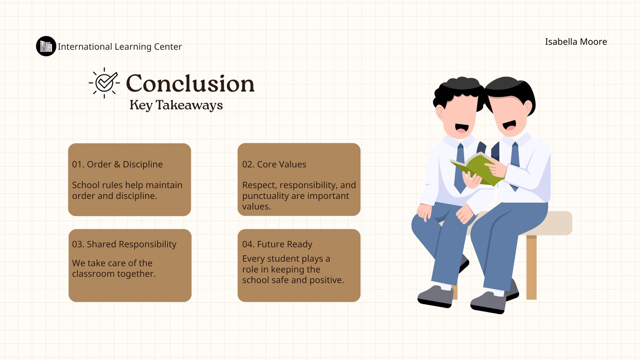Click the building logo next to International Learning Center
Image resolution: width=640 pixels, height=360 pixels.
click(46, 46)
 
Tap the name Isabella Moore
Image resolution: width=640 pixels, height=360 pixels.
click(576, 42)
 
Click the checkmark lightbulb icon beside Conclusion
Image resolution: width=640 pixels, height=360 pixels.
click(104, 83)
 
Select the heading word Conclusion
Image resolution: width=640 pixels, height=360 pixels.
click(190, 84)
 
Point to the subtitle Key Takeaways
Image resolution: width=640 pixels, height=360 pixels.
click(176, 105)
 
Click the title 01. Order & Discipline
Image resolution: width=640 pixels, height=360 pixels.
click(117, 164)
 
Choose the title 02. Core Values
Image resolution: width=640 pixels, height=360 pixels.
click(274, 164)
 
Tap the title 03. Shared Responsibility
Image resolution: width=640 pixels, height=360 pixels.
click(124, 244)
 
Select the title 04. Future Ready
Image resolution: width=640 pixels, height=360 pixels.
click(277, 244)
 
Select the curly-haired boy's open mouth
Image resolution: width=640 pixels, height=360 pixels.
click(462, 128)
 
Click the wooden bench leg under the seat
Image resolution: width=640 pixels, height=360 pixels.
click(532, 267)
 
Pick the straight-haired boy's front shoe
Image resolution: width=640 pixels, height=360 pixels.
click(488, 302)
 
